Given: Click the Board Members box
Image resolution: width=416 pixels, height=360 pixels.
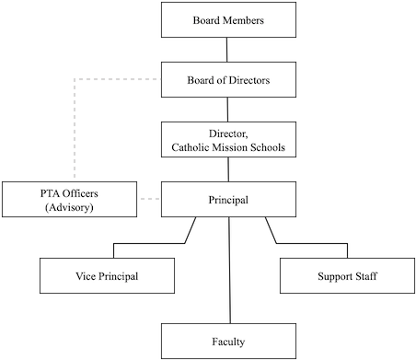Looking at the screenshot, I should point(229,20).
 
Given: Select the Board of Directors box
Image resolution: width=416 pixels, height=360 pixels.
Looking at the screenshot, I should point(229,79).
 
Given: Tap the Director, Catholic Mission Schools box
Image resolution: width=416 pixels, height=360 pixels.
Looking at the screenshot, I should point(229,139).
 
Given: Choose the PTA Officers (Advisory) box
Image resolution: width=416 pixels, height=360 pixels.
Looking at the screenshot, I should point(69,199).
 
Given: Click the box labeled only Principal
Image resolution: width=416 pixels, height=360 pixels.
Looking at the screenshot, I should point(229,199).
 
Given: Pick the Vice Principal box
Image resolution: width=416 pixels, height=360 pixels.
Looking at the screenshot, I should point(109,275).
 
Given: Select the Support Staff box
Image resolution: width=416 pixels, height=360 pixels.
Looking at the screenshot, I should point(347,275).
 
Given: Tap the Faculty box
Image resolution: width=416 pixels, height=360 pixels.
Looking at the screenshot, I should point(229,342).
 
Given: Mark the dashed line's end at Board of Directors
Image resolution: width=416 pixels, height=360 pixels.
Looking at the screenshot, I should point(158,80).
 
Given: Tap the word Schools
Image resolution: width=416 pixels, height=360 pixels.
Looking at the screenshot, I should point(269,146).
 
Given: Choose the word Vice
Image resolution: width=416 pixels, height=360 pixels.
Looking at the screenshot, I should point(87,275).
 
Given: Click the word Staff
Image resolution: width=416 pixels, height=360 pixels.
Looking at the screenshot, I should point(367,275).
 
